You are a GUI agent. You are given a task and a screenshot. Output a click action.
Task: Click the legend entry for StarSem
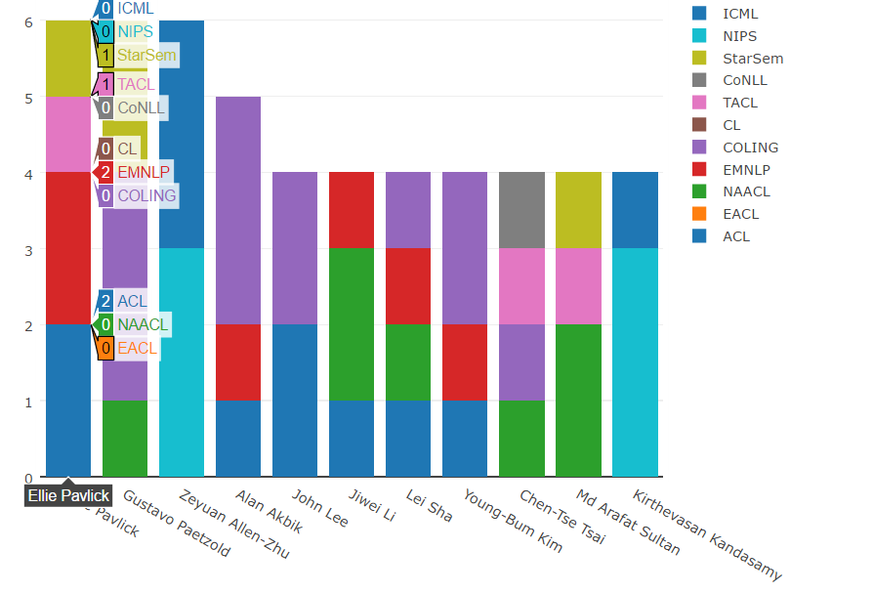tap(752, 59)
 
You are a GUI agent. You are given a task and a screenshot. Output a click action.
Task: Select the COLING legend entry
tap(750, 148)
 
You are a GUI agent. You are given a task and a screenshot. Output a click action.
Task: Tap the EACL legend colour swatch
tap(699, 215)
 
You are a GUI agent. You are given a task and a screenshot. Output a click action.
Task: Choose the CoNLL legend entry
tap(744, 80)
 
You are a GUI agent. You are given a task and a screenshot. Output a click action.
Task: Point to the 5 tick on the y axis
tap(28, 98)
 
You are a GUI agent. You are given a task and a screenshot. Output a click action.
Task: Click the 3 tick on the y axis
tap(28, 249)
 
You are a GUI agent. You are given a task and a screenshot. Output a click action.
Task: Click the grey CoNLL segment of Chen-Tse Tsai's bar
tap(521, 210)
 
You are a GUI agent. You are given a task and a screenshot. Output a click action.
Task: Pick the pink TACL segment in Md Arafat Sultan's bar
tap(578, 286)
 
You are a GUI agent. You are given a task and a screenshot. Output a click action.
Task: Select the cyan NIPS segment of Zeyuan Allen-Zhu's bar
tap(182, 361)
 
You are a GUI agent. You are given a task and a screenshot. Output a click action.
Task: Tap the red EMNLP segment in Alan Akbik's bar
tap(238, 361)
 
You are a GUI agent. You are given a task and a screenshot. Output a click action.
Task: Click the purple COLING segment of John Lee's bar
tap(295, 248)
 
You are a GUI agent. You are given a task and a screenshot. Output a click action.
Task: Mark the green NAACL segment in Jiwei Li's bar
tap(352, 324)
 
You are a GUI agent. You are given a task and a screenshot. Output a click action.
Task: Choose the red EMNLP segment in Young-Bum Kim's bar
tap(465, 361)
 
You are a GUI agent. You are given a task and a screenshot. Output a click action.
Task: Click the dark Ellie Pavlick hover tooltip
tap(68, 495)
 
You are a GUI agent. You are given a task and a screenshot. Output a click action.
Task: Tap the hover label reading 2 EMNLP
tap(134, 172)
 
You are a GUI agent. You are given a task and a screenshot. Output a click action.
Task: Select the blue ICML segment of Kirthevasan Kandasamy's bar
tap(635, 210)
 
